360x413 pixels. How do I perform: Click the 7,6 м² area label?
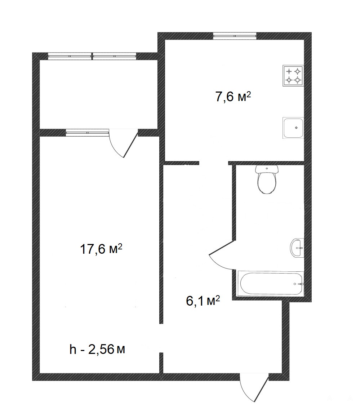(233, 97)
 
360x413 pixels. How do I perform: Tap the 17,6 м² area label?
(101, 249)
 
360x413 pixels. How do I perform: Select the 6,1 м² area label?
(203, 301)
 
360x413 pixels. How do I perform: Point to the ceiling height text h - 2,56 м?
(97, 350)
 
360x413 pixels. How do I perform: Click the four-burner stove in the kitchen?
(293, 76)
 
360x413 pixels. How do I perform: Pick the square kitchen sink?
(293, 128)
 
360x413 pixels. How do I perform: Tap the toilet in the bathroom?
(267, 179)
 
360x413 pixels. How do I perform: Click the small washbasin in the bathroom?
(297, 248)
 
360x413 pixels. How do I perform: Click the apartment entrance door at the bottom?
(254, 387)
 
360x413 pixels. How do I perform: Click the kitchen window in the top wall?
(235, 36)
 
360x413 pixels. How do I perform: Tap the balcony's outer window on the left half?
(70, 56)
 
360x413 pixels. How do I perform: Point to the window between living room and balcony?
(87, 133)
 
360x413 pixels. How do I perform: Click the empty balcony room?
(98, 94)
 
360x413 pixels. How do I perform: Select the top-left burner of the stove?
(289, 71)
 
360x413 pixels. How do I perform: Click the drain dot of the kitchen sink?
(296, 128)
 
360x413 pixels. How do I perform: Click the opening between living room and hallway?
(161, 338)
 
